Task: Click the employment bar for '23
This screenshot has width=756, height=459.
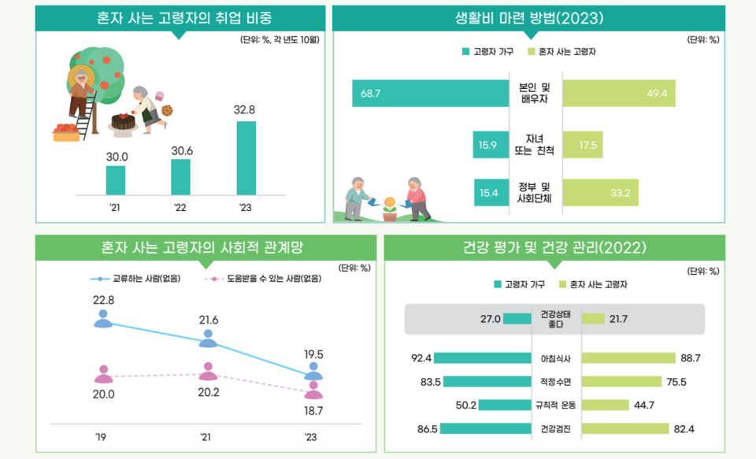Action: click(x=246, y=157)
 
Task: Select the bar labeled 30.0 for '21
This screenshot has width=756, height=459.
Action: click(x=116, y=180)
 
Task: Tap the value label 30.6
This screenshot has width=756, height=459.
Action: click(x=180, y=150)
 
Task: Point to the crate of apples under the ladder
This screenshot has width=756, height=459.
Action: click(x=66, y=133)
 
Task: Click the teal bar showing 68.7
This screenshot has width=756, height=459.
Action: click(x=430, y=94)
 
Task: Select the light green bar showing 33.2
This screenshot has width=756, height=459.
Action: click(x=601, y=192)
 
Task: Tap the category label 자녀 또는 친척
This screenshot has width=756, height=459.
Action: click(x=535, y=145)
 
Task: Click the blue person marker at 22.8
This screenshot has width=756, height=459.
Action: click(x=103, y=319)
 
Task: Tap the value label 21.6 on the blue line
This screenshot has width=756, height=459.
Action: click(x=208, y=320)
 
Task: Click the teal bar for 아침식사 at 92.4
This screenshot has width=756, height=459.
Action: click(x=482, y=358)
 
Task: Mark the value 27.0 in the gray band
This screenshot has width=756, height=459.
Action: click(x=490, y=319)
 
